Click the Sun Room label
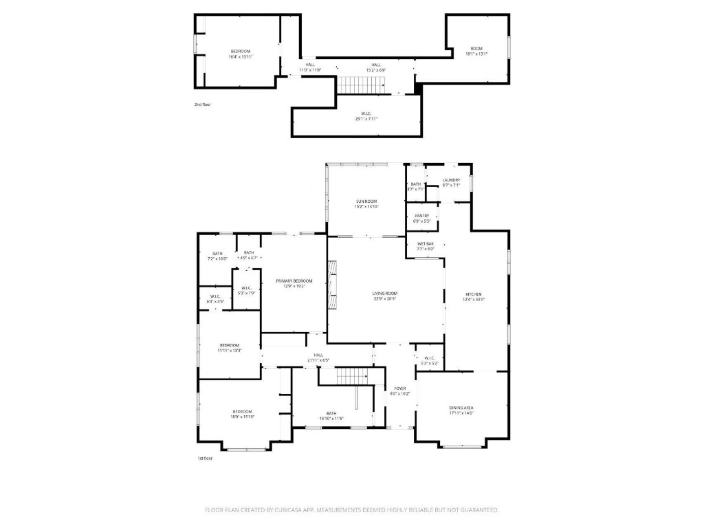pyautogui.click(x=366, y=201)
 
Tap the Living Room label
pyautogui.click(x=385, y=294)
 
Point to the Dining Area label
pyautogui.click(x=461, y=408)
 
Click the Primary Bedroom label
pyautogui.click(x=294, y=281)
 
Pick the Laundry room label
pyautogui.click(x=451, y=180)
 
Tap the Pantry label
pyautogui.click(x=421, y=216)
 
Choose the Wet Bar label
pyautogui.click(x=425, y=243)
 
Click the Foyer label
pyautogui.click(x=399, y=388)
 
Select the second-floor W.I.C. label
pyautogui.click(x=366, y=113)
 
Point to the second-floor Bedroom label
pyautogui.click(x=240, y=52)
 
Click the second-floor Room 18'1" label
pyautogui.click(x=476, y=49)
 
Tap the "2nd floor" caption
pyautogui.click(x=202, y=104)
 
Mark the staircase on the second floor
pyautogui.click(x=362, y=85)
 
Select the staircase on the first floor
pyautogui.click(x=353, y=376)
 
